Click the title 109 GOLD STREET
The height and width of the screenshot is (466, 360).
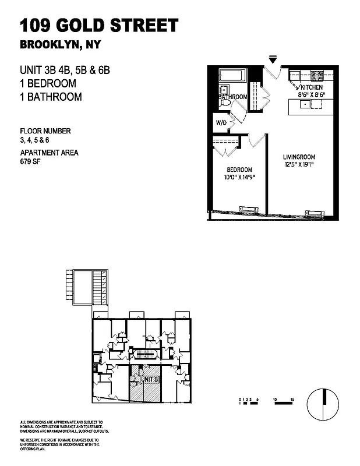99,26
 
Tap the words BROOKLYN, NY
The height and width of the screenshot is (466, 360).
58,45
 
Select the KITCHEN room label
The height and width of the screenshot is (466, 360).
312,87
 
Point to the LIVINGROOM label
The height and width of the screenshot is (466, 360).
299,157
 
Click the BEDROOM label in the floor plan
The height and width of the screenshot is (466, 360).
239,170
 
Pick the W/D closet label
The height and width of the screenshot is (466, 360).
221,123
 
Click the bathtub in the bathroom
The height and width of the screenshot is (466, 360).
232,76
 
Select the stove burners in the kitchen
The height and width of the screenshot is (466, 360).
318,75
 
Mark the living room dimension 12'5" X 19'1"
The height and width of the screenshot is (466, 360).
299,165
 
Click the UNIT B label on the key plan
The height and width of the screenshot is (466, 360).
150,380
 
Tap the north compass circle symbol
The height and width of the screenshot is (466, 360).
323,403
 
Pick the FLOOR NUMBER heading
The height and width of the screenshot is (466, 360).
45,131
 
